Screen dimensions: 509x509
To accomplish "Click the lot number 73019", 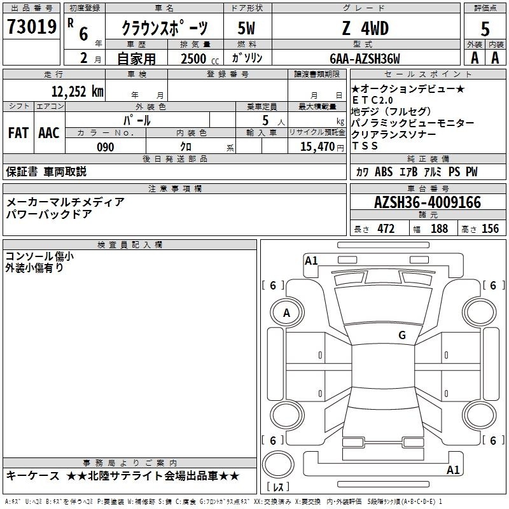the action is [32, 27].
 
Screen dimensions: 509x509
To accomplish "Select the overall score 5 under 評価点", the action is [485, 29].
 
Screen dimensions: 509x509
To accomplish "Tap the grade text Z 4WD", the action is [365, 28].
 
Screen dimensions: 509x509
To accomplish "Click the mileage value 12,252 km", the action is [78, 91].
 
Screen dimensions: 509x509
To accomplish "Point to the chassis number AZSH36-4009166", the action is [428, 202].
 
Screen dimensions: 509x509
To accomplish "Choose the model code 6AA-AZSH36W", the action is [365, 59].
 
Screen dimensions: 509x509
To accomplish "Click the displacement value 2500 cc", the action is [200, 59].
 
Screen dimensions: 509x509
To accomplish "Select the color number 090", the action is [106, 147].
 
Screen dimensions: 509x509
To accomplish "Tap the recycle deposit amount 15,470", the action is [317, 147].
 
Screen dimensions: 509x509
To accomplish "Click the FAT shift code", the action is [18, 133].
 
